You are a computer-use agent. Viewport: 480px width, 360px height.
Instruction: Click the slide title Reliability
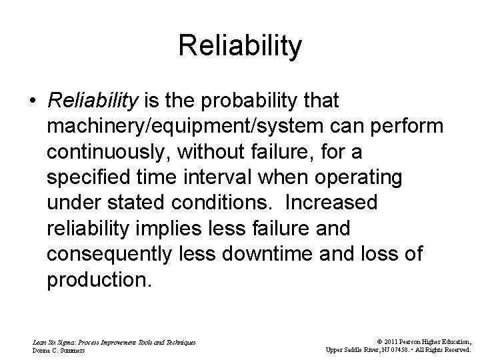pos(240,47)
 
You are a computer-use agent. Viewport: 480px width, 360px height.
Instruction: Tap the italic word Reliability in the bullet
pos(93,101)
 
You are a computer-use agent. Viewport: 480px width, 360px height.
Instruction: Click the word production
pos(99,279)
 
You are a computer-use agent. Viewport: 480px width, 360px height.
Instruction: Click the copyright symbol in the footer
pos(370,341)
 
